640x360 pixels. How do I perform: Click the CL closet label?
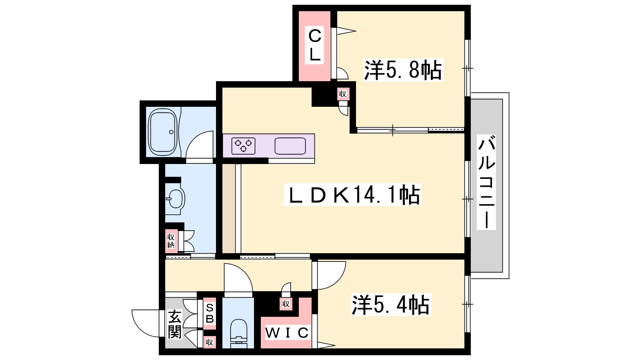coord(314,46)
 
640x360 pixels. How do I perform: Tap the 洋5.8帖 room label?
coord(403,70)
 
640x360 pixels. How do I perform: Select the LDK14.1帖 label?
coord(352,194)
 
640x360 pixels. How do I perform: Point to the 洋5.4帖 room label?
coord(390,305)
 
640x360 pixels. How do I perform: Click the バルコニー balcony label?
coord(486,182)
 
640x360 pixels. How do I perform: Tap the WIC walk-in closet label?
coord(287,332)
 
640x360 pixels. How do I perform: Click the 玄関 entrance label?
coord(174,324)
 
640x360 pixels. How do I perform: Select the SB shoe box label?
coord(210,314)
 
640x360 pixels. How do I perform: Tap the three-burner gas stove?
coord(243,146)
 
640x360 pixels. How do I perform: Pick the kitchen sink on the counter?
coord(290,146)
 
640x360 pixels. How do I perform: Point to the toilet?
coord(238,333)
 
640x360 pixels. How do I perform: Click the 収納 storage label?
coord(171,241)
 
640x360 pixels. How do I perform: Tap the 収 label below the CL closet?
coord(342,94)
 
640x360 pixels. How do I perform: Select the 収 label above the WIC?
coord(286,304)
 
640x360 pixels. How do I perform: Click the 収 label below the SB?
coord(210,342)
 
